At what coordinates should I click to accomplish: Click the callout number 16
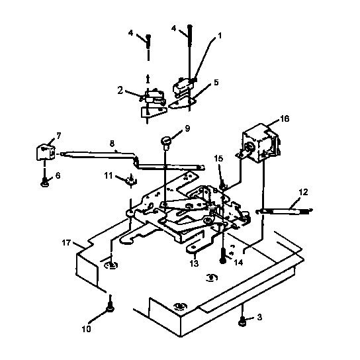(x=285, y=119)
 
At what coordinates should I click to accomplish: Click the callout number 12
(x=304, y=192)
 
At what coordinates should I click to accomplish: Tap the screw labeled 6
(x=44, y=181)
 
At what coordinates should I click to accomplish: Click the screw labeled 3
(x=244, y=322)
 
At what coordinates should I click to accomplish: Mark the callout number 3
(x=260, y=318)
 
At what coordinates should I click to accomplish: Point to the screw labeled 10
(x=110, y=306)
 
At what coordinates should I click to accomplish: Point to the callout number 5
(x=215, y=84)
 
